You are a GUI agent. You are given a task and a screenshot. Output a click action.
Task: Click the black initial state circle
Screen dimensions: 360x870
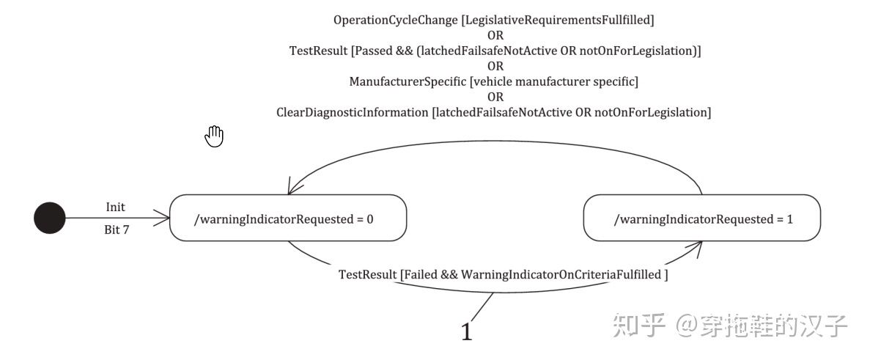coord(50,218)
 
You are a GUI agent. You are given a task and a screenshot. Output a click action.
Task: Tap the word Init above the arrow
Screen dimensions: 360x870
coord(115,207)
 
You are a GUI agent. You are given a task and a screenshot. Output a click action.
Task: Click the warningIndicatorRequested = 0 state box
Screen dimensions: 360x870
coord(288,218)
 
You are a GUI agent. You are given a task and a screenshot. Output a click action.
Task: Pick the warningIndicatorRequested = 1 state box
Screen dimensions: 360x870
coord(701,218)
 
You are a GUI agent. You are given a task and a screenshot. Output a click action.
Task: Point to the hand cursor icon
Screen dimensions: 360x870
coord(214,136)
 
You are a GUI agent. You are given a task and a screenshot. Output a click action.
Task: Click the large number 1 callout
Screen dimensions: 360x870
coord(467,332)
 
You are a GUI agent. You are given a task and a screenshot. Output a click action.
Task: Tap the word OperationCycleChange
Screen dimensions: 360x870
coord(395,21)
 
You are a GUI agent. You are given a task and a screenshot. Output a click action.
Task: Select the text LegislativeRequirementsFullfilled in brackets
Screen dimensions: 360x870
coord(557,21)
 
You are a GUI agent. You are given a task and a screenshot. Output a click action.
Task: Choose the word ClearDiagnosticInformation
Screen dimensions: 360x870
coord(353,112)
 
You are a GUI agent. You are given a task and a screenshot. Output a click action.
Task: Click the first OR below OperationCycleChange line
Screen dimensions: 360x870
coord(495,35)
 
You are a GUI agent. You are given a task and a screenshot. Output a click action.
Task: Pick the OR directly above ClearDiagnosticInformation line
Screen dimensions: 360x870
coord(495,97)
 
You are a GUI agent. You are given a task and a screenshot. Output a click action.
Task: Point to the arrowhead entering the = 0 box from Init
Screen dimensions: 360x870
coord(165,217)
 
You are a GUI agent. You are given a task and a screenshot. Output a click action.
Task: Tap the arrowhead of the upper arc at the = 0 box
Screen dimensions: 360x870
coord(291,188)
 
